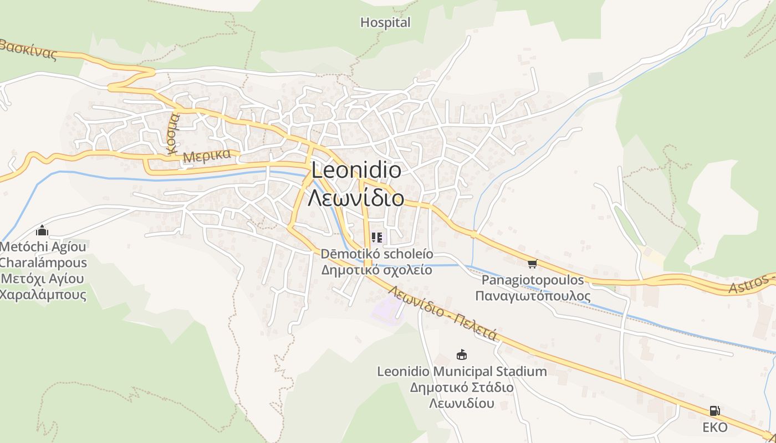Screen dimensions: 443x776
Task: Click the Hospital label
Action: pyautogui.click(x=385, y=23)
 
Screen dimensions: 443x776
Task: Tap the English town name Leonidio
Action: pyautogui.click(x=356, y=170)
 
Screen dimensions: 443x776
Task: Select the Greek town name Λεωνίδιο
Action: pyautogui.click(x=356, y=197)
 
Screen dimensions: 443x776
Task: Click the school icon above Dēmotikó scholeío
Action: pyautogui.click(x=377, y=238)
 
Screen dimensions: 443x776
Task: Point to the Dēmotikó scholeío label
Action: pyautogui.click(x=377, y=255)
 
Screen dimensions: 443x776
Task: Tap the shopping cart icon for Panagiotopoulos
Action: pyautogui.click(x=533, y=264)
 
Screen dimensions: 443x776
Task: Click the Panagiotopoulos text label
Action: pyautogui.click(x=533, y=280)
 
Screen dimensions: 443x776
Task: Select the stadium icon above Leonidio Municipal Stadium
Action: pyautogui.click(x=461, y=354)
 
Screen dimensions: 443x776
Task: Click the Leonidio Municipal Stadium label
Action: pyautogui.click(x=462, y=372)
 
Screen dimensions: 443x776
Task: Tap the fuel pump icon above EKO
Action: pyautogui.click(x=714, y=411)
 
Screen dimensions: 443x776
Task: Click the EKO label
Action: pyautogui.click(x=714, y=427)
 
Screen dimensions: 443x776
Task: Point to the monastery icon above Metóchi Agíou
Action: pyautogui.click(x=42, y=231)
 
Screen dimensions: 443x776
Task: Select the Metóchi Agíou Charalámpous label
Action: pyautogui.click(x=43, y=254)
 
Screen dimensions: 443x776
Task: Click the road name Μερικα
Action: pyautogui.click(x=207, y=156)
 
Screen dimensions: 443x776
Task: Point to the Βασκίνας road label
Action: pyautogui.click(x=28, y=50)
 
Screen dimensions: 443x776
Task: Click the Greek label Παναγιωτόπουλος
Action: pyautogui.click(x=533, y=296)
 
